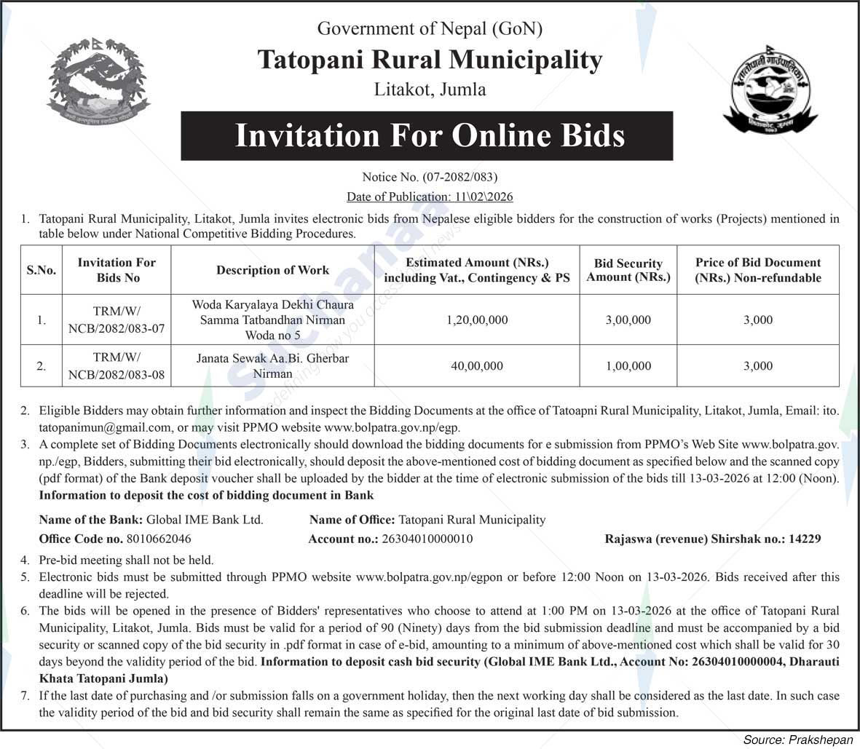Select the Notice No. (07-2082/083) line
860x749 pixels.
point(430,177)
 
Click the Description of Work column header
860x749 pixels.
point(272,270)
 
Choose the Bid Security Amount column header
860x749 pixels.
point(628,270)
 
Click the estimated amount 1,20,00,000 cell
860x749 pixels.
point(477,320)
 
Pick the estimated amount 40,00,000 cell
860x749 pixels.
point(477,365)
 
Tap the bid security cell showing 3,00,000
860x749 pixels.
point(628,320)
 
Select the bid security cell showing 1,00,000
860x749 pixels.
point(628,365)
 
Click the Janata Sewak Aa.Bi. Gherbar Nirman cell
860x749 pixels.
point(272,365)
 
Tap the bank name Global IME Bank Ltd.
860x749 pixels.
point(205,520)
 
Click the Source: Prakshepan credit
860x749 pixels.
point(797,739)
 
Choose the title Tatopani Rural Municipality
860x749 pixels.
point(430,60)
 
